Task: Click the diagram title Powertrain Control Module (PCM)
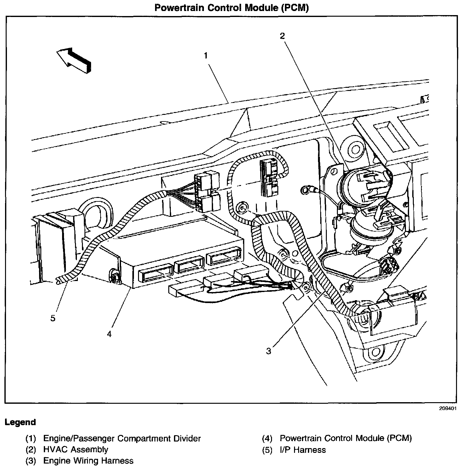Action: pyautogui.click(x=231, y=8)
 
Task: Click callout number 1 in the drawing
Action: pyautogui.click(x=205, y=56)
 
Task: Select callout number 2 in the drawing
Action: pyautogui.click(x=282, y=36)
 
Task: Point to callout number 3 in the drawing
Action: pyautogui.click(x=269, y=351)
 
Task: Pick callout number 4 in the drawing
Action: pyautogui.click(x=109, y=334)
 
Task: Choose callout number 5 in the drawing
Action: pyautogui.click(x=53, y=318)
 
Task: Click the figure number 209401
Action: pyautogui.click(x=448, y=409)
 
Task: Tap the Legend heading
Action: pyautogui.click(x=20, y=422)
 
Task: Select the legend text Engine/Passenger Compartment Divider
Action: pyautogui.click(x=122, y=438)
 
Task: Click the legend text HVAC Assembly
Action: pyautogui.click(x=76, y=450)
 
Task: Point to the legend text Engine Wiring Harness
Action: pyautogui.click(x=88, y=461)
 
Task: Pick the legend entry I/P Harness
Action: pyautogui.click(x=303, y=450)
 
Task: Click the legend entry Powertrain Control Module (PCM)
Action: pyautogui.click(x=346, y=438)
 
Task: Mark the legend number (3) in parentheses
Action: pyautogui.click(x=31, y=461)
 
